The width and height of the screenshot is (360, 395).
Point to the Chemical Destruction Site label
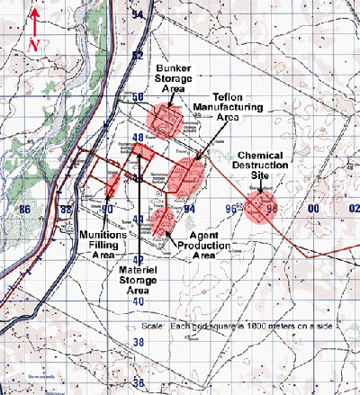pyautogui.click(x=262, y=166)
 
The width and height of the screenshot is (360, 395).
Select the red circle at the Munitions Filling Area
pyautogui.click(x=112, y=184)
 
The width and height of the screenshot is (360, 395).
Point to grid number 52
pyautogui.click(x=138, y=56)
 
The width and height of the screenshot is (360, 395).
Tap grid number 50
pyautogui.click(x=138, y=96)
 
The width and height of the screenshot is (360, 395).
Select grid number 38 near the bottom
pyautogui.click(x=138, y=343)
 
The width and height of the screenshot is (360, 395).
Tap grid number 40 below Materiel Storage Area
pyautogui.click(x=138, y=301)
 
